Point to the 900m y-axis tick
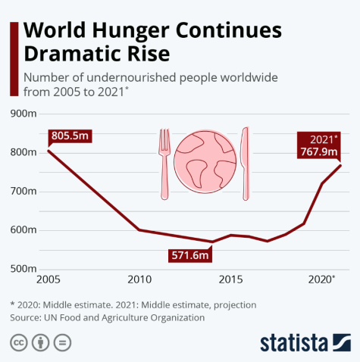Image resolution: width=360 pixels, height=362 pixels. pyautogui.click(x=23, y=114)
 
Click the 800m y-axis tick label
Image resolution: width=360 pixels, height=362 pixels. pyautogui.click(x=23, y=152)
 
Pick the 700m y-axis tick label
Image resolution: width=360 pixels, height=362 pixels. pyautogui.click(x=23, y=191)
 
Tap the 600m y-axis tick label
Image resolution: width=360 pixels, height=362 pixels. pyautogui.click(x=23, y=229)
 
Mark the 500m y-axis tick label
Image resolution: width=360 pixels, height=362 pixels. pyautogui.click(x=23, y=268)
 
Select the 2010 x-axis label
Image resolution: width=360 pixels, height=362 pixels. pyautogui.click(x=138, y=280)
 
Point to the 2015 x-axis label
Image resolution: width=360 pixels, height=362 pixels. pyautogui.click(x=230, y=280)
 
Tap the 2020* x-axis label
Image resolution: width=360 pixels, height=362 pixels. pyautogui.click(x=323, y=280)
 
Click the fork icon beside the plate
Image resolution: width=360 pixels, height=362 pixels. pyautogui.click(x=164, y=164)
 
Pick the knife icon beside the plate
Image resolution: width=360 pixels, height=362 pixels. pyautogui.click(x=245, y=164)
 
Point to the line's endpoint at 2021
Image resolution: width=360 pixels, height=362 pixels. pyautogui.click(x=340, y=165)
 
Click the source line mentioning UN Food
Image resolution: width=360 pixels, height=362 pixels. pyautogui.click(x=107, y=317)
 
